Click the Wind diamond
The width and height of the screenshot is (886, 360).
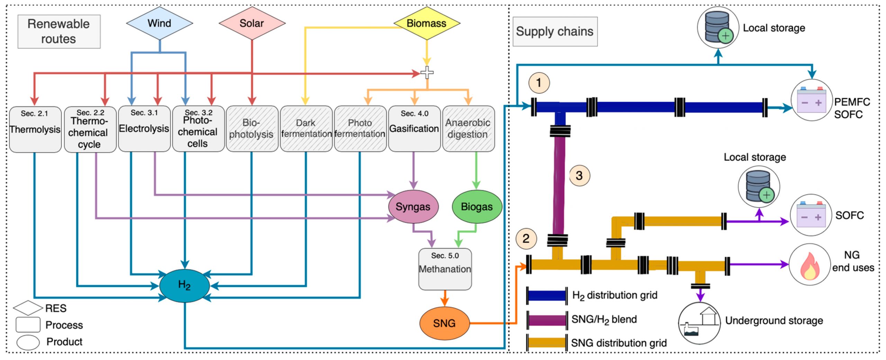159,23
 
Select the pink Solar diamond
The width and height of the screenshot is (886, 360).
252,23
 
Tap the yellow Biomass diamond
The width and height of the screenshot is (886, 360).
427,23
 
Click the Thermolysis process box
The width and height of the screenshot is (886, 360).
35,129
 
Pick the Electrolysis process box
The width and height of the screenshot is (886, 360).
144,128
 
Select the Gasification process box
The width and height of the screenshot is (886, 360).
414,128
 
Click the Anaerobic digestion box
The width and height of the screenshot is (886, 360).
468,128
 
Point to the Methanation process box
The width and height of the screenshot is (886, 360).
445,269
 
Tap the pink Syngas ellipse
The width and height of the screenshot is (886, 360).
413,207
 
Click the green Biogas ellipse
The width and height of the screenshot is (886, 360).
477,207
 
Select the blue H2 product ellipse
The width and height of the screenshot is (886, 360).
184,285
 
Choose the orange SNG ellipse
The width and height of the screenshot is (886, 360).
444,323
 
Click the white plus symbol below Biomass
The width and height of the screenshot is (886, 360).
427,73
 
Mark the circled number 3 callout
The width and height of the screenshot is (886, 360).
579,175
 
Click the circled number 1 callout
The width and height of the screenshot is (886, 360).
539,83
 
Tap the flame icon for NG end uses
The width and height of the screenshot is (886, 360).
810,265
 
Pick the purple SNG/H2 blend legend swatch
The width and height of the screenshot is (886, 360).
547,319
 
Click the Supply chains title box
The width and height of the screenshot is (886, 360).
555,31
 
